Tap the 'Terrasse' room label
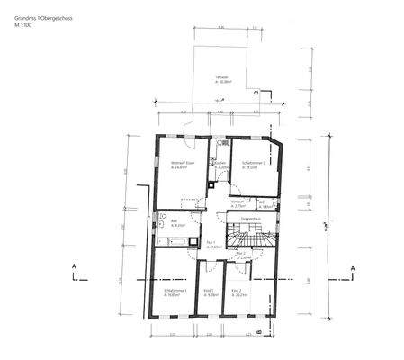point(220,79)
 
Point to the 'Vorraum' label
point(238,202)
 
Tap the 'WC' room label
point(265,202)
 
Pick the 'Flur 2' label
point(240,255)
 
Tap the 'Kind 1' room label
point(210,291)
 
